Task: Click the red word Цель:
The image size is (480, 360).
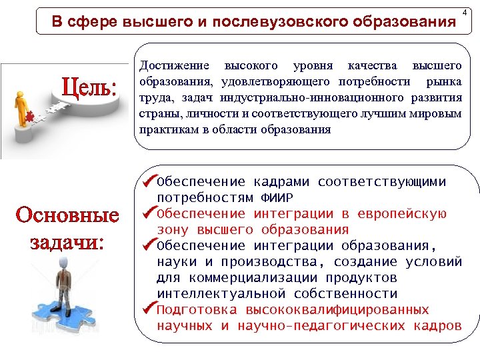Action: coord(89,88)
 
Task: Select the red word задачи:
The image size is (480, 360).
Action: coord(67,241)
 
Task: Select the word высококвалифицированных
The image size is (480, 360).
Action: coord(337,310)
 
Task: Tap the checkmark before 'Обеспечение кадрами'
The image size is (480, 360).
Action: coord(148,181)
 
